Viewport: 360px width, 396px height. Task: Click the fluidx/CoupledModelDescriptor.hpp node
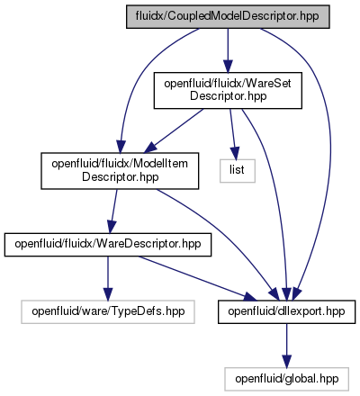click(x=228, y=16)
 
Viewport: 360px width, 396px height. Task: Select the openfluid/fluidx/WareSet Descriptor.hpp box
click(x=228, y=90)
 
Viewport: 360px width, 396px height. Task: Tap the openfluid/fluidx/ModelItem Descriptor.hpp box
click(x=120, y=171)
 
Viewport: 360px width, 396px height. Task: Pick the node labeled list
click(x=238, y=171)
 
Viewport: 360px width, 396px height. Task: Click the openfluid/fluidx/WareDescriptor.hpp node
click(x=108, y=245)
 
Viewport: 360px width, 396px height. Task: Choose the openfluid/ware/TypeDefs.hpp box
click(x=108, y=311)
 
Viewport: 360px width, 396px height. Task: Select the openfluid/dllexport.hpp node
click(x=286, y=311)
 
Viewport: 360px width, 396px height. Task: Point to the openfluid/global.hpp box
click(x=286, y=379)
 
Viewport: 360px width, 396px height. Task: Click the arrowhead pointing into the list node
click(x=235, y=153)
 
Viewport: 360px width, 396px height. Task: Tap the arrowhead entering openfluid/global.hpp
click(x=286, y=362)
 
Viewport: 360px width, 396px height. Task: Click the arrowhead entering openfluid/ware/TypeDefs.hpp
click(x=108, y=294)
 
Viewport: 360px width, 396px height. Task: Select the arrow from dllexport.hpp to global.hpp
click(x=286, y=346)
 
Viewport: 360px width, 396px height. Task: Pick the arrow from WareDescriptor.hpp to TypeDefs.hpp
click(x=108, y=278)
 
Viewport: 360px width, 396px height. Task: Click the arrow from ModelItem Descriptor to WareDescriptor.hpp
click(x=113, y=211)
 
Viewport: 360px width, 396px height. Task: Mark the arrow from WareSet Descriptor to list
click(x=232, y=134)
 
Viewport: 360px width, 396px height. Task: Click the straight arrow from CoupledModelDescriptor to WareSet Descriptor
click(x=228, y=50)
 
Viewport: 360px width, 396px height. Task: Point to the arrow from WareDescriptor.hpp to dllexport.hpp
click(x=198, y=278)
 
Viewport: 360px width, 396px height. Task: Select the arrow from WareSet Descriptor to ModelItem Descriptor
click(x=174, y=130)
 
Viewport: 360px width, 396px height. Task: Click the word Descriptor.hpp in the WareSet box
click(x=228, y=96)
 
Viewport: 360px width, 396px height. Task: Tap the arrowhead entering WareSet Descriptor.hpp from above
click(x=228, y=67)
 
